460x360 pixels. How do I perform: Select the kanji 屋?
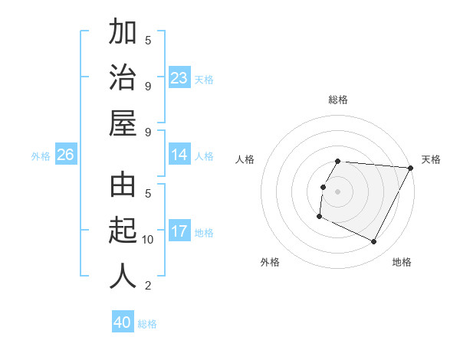point(123,123)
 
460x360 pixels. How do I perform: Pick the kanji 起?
point(123,231)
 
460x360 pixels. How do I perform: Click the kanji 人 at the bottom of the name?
point(123,277)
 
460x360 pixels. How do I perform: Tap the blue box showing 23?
point(179,78)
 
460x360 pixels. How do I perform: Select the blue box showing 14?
point(179,155)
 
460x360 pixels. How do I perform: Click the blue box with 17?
point(179,231)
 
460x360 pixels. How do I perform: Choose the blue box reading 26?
point(66,155)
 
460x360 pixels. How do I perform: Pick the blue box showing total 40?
point(123,322)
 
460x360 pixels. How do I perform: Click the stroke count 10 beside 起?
point(148,240)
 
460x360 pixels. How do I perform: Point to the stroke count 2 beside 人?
point(148,286)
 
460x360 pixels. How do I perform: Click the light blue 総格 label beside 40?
point(147,324)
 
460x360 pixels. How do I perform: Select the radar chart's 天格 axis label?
point(431,159)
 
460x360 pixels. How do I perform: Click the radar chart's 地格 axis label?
point(402,262)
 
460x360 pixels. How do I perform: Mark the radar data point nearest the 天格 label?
point(411,168)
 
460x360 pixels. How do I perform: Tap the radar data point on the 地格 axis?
point(374,242)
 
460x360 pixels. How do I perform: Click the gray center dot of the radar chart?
point(337,191)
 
